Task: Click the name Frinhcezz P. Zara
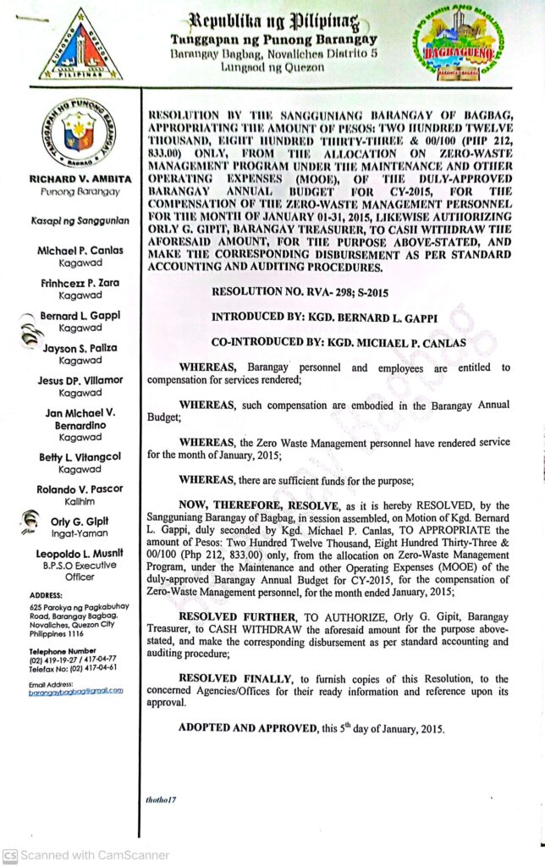pos(78,283)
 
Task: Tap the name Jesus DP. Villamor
pos(80,381)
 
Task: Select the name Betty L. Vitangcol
pos(80,457)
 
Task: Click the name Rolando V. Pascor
pos(80,489)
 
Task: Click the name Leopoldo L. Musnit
pos(80,554)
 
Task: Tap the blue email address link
pos(75,690)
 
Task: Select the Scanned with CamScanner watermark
pos(72,856)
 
